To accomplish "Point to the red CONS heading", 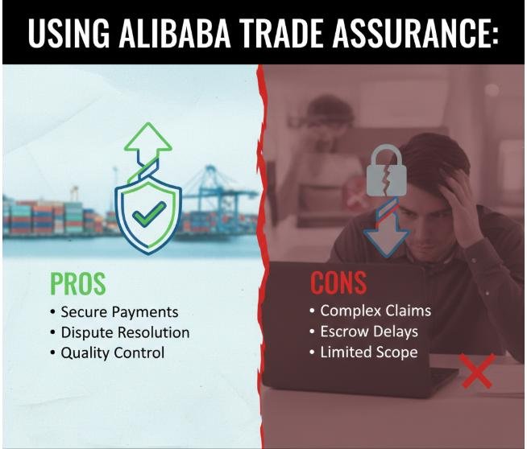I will click(338, 283).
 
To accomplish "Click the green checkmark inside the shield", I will click(150, 213).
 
